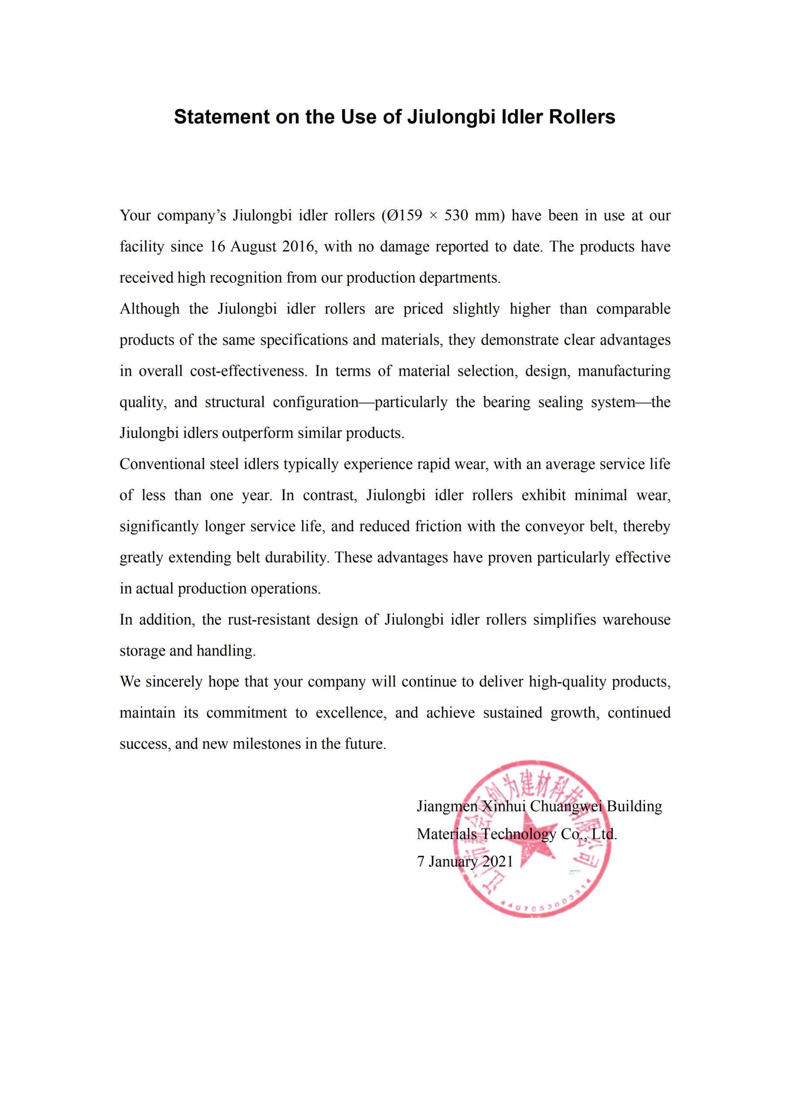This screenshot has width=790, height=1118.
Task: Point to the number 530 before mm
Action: click(x=456, y=215)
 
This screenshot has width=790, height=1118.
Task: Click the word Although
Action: click(x=149, y=309)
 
